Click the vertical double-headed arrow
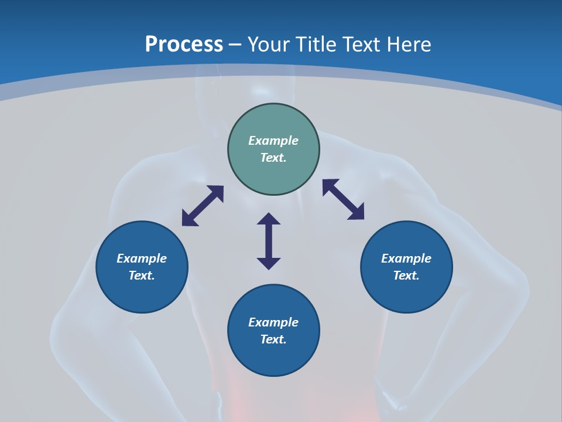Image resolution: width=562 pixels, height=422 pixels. click(269, 241)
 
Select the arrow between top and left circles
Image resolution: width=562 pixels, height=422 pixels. click(203, 206)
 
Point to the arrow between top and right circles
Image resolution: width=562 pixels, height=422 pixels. click(343, 199)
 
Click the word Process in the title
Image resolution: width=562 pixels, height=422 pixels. click(184, 44)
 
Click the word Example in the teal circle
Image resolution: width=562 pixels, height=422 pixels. click(273, 141)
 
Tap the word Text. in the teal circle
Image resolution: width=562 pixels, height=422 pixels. click(273, 158)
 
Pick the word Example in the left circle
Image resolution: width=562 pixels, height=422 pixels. click(142, 258)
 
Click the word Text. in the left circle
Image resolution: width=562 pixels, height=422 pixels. click(142, 275)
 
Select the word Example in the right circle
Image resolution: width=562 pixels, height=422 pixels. click(406, 258)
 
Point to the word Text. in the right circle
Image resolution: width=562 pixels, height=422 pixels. click(406, 275)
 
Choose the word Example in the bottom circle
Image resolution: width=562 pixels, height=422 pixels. click(273, 322)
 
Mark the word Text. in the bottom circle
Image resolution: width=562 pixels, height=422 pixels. click(273, 339)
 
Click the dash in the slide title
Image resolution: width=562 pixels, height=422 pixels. click(235, 45)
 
